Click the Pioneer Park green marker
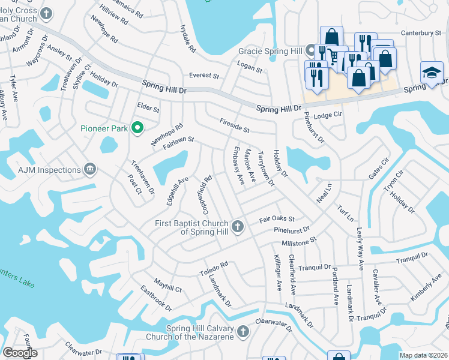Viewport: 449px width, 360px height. [137, 127]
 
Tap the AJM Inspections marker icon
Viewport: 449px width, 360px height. [90, 169]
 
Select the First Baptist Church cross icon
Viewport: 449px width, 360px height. [238, 227]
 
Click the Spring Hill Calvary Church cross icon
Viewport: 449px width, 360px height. [242, 331]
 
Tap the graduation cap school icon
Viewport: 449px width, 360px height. [432, 73]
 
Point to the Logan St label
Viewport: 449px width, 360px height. [250, 70]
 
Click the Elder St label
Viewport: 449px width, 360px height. [148, 109]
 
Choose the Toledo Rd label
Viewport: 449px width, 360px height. [214, 268]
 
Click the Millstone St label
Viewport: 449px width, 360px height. [299, 242]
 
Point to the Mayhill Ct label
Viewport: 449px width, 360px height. [167, 289]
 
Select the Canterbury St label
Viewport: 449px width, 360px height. [424, 33]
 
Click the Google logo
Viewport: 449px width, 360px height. [20, 353]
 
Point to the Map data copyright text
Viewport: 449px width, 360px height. [423, 355]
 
